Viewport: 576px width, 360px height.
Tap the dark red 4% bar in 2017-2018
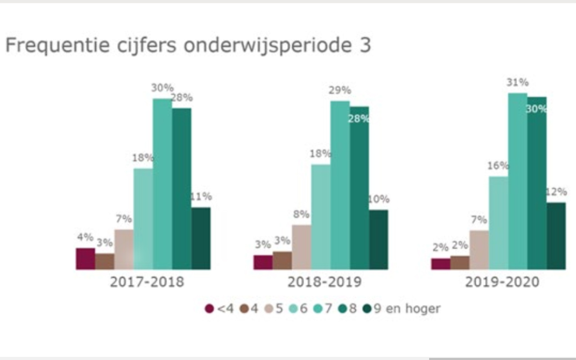pyautogui.click(x=85, y=259)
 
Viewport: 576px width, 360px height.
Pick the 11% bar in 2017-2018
pyautogui.click(x=201, y=238)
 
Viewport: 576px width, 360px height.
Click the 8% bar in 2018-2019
pyautogui.click(x=301, y=247)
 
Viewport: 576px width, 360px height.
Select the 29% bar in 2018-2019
pyautogui.click(x=340, y=185)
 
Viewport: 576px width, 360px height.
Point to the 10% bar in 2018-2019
pyautogui.click(x=378, y=239)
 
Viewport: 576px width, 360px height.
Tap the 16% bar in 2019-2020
pyautogui.click(x=499, y=223)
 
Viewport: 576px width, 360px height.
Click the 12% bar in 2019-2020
pyautogui.click(x=556, y=236)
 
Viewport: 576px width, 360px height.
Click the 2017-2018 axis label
pyautogui.click(x=147, y=282)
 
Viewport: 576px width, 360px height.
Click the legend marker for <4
pyautogui.click(x=209, y=309)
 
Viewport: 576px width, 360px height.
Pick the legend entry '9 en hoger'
pyautogui.click(x=406, y=309)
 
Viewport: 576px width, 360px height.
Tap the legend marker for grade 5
pyautogui.click(x=268, y=309)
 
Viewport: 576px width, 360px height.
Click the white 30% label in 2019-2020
pyautogui.click(x=536, y=109)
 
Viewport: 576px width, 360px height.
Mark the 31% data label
pyautogui.click(x=517, y=82)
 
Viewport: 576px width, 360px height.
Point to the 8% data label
pyautogui.click(x=301, y=214)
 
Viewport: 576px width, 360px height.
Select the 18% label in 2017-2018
pyautogui.click(x=143, y=158)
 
